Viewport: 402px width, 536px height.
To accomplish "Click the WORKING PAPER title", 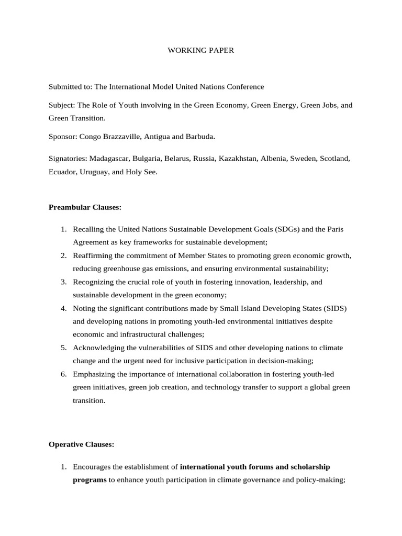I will [x=200, y=51].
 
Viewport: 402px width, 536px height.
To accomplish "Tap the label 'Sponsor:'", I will [x=63, y=136].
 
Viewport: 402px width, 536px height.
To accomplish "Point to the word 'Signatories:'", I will [x=68, y=158].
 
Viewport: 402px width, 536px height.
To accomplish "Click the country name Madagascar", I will [x=109, y=158].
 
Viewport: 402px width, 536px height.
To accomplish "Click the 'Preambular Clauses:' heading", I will [x=85, y=207].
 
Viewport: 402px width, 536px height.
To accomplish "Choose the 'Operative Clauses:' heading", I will [x=81, y=444].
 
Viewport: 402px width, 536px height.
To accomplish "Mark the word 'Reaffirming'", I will [x=93, y=255].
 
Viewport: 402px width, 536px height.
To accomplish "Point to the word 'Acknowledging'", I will [x=98, y=348].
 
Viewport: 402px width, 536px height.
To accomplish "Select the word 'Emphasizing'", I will [x=94, y=374].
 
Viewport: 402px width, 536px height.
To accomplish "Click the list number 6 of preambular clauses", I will [x=63, y=374].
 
